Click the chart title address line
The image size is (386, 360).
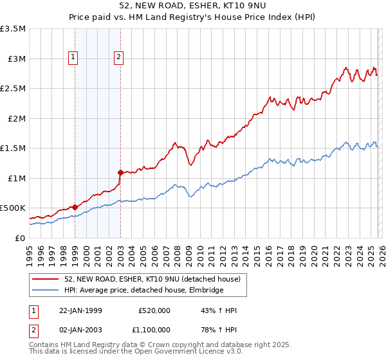tap(192, 5)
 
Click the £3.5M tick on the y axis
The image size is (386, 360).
tap(13, 29)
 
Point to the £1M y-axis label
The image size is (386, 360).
tap(16, 178)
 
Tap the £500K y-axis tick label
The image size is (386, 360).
tap(13, 208)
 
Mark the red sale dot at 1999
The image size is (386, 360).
tap(75, 207)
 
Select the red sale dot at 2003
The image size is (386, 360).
tap(120, 172)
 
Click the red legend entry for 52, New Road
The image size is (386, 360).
tap(152, 279)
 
